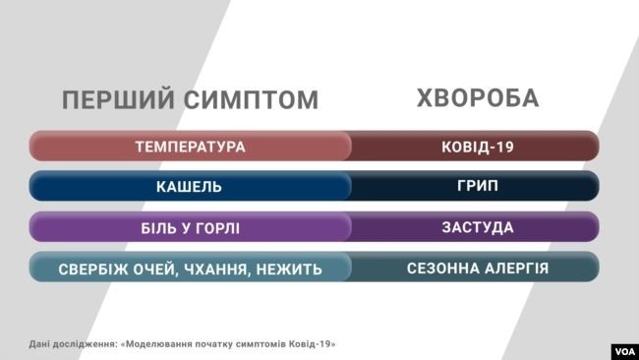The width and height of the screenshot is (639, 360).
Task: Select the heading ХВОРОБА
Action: point(478,99)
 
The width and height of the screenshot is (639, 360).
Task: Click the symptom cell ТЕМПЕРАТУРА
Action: point(190,148)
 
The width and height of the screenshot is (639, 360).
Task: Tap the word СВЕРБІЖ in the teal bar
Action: point(94,269)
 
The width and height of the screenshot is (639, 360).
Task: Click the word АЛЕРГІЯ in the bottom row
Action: point(514,268)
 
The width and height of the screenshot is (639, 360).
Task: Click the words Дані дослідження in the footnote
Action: point(71,344)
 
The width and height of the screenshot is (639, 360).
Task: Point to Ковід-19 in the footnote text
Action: point(313,344)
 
